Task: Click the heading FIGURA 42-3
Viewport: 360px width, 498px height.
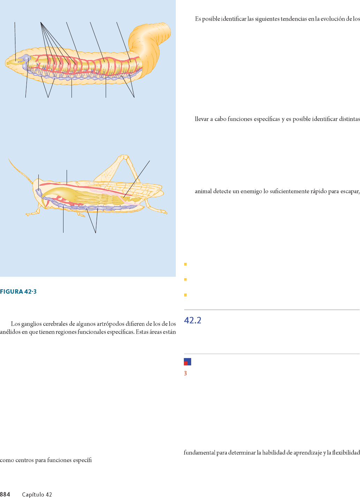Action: pyautogui.click(x=18, y=291)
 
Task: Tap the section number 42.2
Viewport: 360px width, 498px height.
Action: pyautogui.click(x=193, y=320)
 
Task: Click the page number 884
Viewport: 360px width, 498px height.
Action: pyautogui.click(x=5, y=494)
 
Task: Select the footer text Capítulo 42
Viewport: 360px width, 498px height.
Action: pyautogui.click(x=37, y=495)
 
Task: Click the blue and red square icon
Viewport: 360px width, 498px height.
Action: pyautogui.click(x=187, y=362)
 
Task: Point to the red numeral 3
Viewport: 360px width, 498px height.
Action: pyautogui.click(x=185, y=373)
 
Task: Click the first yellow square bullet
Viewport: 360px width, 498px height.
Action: pyautogui.click(x=185, y=264)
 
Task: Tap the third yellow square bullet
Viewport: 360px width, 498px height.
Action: pyautogui.click(x=185, y=295)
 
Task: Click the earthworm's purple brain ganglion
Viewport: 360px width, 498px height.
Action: pyautogui.click(x=26, y=57)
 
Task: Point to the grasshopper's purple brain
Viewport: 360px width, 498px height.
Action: pyautogui.click(x=39, y=192)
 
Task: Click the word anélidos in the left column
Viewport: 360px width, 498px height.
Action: pyautogui.click(x=8, y=332)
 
